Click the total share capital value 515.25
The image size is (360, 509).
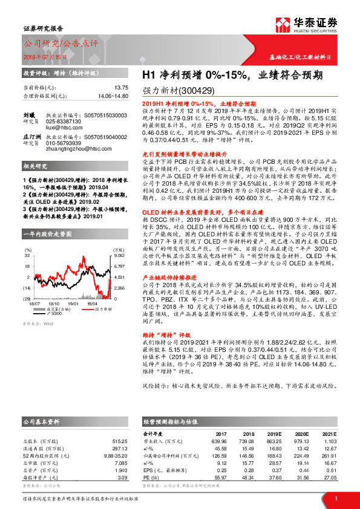[x=120, y=441]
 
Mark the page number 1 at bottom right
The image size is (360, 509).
[x=335, y=498]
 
